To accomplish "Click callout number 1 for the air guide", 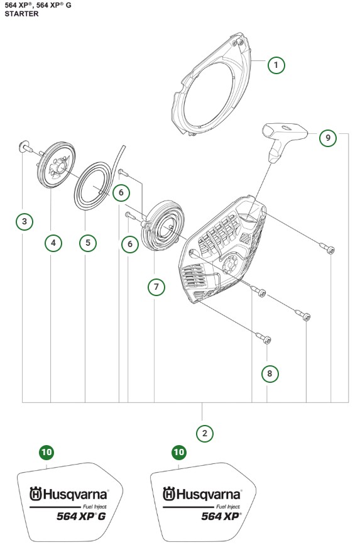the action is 276,65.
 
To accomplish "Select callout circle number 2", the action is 204,433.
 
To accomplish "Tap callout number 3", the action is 25,221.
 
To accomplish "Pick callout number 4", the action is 53,243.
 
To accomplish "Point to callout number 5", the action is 88,243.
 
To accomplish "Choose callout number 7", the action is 156,286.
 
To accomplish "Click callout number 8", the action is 270,373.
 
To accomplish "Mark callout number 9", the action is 328,138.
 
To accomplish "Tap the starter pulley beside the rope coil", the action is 57,165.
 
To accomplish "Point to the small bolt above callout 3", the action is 25,146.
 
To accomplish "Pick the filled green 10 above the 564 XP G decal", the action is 46,452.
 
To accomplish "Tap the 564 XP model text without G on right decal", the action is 221,516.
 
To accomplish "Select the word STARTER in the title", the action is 21,14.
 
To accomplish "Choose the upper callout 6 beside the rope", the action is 121,192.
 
